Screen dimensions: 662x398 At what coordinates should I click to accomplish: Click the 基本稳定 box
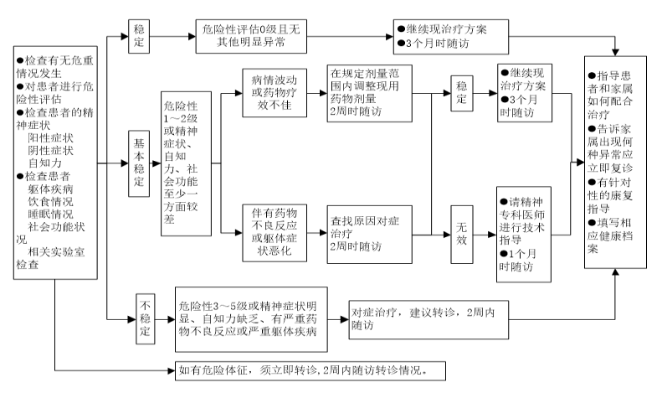click(139, 164)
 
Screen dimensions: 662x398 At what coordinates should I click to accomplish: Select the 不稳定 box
click(146, 318)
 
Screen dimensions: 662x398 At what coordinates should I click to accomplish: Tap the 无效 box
click(461, 235)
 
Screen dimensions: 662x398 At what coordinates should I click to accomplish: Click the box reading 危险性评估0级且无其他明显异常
click(251, 36)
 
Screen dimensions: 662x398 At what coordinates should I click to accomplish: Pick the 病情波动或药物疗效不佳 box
click(275, 93)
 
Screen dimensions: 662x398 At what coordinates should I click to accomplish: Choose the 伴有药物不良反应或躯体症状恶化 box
click(275, 233)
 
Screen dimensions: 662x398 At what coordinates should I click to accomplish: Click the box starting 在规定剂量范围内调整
click(369, 93)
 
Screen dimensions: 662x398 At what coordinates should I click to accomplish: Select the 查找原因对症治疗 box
click(369, 235)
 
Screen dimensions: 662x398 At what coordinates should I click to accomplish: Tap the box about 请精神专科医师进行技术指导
click(524, 234)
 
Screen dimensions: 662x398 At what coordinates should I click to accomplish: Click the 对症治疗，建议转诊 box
click(429, 320)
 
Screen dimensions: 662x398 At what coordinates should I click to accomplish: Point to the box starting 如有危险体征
click(310, 371)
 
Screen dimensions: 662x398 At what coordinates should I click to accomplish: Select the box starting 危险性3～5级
click(251, 319)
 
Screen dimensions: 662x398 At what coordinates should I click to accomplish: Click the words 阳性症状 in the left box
click(51, 137)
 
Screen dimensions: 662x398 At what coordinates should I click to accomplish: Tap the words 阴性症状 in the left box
click(51, 151)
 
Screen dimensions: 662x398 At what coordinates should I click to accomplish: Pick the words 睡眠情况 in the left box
click(51, 215)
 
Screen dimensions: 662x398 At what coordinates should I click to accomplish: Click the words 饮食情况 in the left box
click(51, 202)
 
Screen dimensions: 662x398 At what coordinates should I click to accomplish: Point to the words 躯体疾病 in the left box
click(51, 189)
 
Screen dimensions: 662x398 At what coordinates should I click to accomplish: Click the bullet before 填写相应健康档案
click(592, 223)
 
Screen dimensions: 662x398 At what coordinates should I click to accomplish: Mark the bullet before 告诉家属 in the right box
click(592, 129)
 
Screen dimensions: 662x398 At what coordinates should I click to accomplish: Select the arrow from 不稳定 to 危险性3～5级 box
click(165, 319)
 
